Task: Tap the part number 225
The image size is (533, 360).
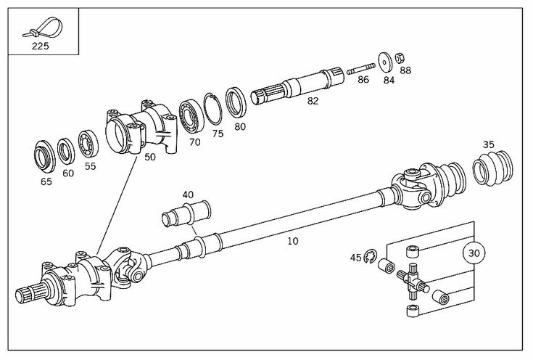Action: pyautogui.click(x=40, y=46)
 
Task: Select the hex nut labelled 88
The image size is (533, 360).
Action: pyautogui.click(x=400, y=59)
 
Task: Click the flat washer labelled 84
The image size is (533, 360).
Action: pyautogui.click(x=385, y=62)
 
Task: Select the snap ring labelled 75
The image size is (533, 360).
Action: pyautogui.click(x=212, y=109)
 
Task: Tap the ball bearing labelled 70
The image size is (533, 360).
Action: pyautogui.click(x=191, y=115)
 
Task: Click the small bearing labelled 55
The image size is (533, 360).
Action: pyautogui.click(x=88, y=145)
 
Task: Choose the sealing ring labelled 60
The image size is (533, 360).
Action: pyautogui.click(x=66, y=152)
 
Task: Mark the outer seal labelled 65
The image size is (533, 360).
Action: pyautogui.click(x=44, y=157)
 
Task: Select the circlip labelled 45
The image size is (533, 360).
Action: pyautogui.click(x=370, y=256)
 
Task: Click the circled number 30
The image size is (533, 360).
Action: pyautogui.click(x=474, y=253)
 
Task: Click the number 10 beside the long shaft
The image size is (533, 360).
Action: pyautogui.click(x=293, y=241)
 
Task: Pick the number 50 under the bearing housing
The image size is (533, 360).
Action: pyautogui.click(x=150, y=157)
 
